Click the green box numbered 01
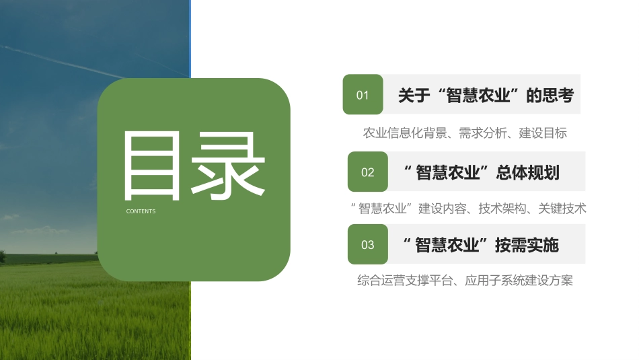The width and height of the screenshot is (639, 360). [363, 95]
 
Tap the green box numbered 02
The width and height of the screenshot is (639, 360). [367, 172]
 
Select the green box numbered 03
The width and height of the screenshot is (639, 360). [367, 244]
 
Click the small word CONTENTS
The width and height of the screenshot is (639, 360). [141, 211]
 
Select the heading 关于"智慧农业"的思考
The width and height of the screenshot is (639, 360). [485, 96]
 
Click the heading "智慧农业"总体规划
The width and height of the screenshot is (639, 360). [482, 172]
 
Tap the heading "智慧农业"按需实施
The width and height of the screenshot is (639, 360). [481, 245]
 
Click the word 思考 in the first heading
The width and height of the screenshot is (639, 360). [558, 96]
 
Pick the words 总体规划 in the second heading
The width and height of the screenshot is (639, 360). [527, 172]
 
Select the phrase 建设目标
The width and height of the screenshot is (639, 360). [543, 133]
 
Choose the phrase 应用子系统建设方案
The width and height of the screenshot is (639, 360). [519, 281]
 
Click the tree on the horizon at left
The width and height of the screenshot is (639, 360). [2, 256]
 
